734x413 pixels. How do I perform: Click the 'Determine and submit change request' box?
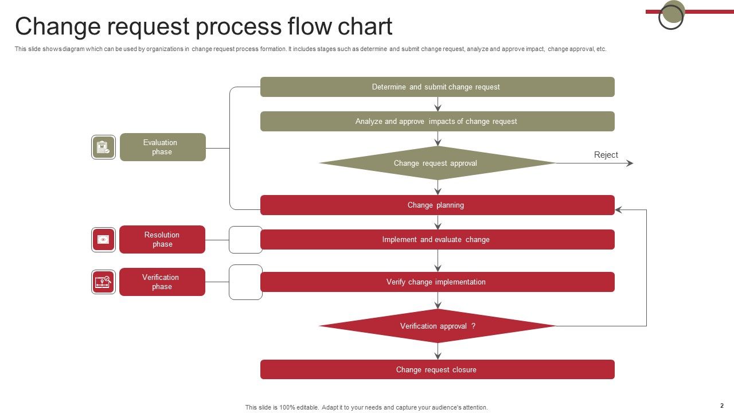click(x=437, y=87)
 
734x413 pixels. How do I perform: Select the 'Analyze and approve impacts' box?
click(x=437, y=122)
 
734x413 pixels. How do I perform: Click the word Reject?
click(x=606, y=155)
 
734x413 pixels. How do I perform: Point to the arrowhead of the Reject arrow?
click(x=630, y=163)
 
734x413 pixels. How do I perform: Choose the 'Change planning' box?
click(x=437, y=205)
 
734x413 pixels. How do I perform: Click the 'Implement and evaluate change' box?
click(x=437, y=240)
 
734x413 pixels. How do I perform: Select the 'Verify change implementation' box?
click(x=437, y=282)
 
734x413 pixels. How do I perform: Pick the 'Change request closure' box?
click(x=437, y=370)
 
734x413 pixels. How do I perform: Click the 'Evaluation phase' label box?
click(x=162, y=147)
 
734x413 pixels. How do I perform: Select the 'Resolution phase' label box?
click(x=162, y=240)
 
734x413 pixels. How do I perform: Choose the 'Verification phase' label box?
click(x=162, y=282)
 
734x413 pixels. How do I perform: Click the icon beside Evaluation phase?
click(x=103, y=147)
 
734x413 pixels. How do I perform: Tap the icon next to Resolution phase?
click(x=103, y=240)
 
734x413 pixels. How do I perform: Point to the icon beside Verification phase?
click(x=103, y=282)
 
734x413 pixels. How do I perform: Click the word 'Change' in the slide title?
click(x=53, y=27)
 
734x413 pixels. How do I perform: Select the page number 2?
click(x=722, y=406)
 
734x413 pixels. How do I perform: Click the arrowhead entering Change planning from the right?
click(x=619, y=210)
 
